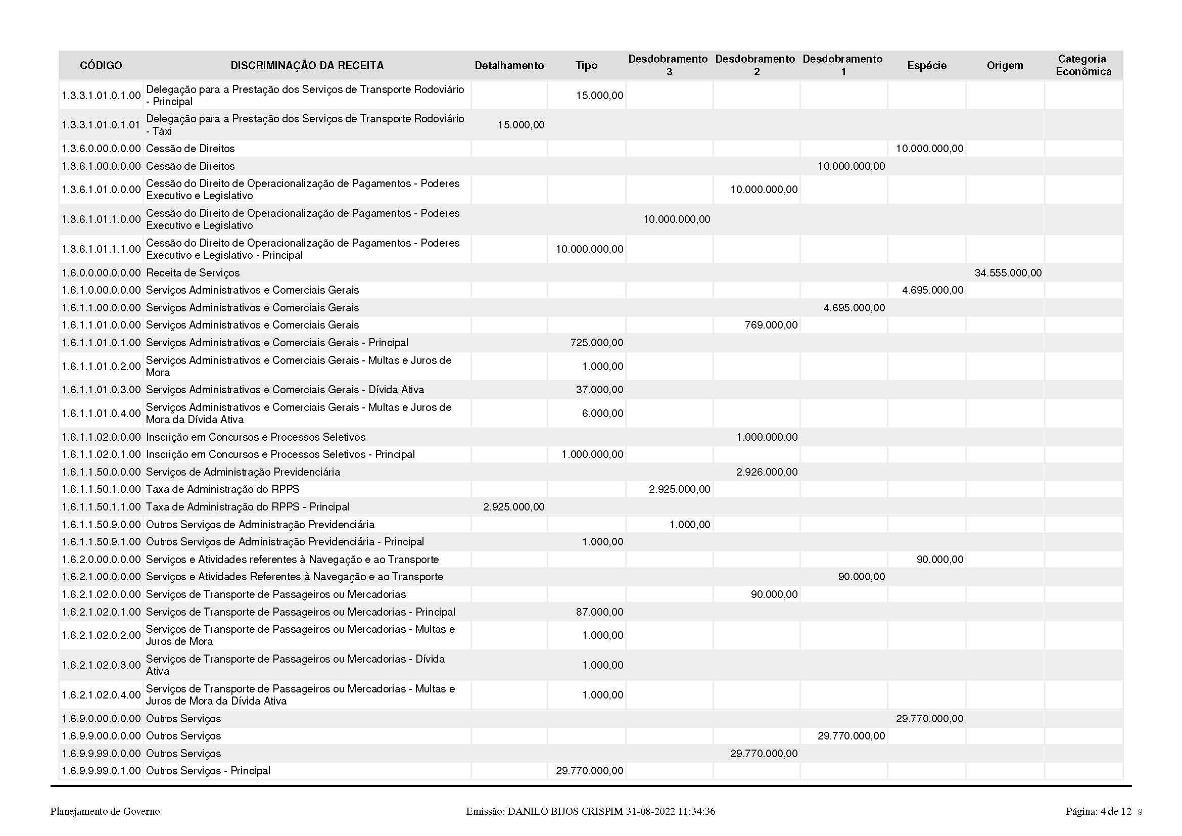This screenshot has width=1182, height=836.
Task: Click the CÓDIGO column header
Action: point(101,65)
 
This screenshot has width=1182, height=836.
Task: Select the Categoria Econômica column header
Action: point(1083,65)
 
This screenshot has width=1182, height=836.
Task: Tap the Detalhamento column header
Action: point(509,65)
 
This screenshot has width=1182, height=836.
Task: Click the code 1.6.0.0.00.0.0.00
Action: point(101,273)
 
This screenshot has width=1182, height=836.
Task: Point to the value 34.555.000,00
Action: point(1008,273)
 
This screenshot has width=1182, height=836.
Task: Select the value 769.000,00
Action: point(771,325)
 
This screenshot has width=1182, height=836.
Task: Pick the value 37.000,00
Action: point(599,390)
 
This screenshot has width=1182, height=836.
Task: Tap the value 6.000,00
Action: point(602,413)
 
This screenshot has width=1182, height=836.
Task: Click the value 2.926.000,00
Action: point(767,472)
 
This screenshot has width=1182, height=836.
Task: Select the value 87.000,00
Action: point(599,612)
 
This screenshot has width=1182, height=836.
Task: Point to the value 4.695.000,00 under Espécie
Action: point(932,290)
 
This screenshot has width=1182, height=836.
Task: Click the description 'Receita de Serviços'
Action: point(193,273)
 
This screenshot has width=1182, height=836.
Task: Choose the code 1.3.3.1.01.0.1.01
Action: point(101,124)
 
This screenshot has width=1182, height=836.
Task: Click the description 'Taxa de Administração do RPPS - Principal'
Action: point(247,507)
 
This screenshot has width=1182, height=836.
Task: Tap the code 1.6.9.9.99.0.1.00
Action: point(101,771)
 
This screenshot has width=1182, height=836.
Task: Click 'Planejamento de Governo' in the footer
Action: point(105,812)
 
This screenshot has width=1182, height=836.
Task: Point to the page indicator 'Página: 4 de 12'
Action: point(1098,812)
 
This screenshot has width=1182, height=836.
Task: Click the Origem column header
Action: point(1005,65)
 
